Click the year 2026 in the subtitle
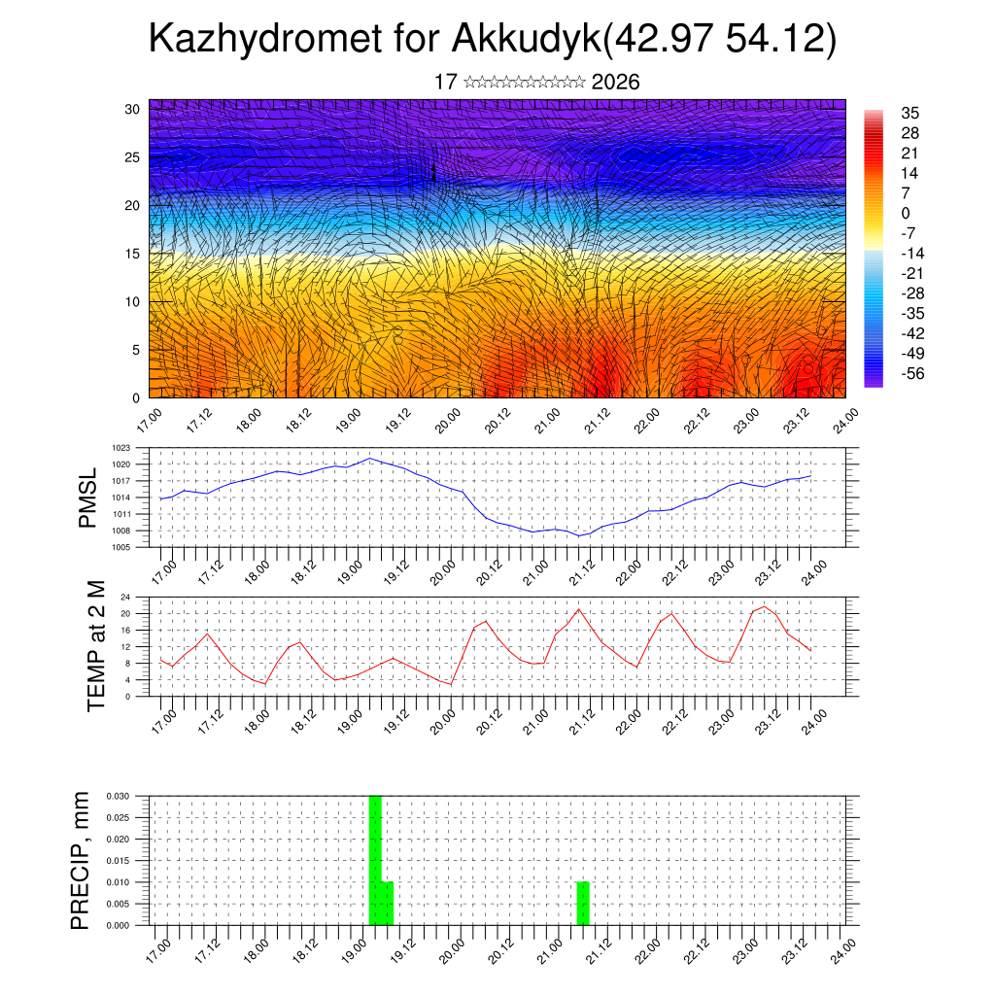[x=615, y=83]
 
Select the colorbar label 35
[x=910, y=113]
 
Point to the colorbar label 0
[x=907, y=213]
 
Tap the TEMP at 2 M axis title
[x=96, y=645]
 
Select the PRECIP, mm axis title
[x=81, y=860]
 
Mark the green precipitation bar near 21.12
[x=583, y=904]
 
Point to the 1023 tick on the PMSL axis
[x=120, y=448]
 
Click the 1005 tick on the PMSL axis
[x=120, y=547]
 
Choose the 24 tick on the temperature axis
[x=126, y=597]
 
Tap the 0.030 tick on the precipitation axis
[x=117, y=796]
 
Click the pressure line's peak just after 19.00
[x=369, y=458]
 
